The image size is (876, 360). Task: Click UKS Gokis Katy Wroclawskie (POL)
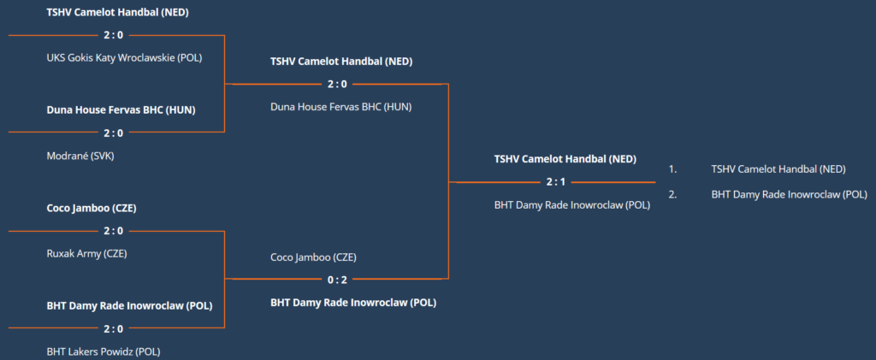[124, 58]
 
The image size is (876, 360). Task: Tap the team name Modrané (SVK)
[80, 156]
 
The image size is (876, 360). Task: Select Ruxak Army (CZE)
[86, 254]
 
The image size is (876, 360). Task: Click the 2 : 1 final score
[557, 182]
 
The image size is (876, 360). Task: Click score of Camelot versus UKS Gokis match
[114, 35]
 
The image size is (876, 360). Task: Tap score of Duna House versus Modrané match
[114, 133]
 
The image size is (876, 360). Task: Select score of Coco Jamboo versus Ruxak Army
[114, 231]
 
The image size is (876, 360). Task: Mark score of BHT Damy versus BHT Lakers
[114, 328]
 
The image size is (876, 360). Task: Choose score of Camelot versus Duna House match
[337, 85]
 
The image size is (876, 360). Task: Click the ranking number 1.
[672, 169]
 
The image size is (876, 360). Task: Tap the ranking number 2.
[672, 195]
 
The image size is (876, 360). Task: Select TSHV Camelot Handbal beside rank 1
[778, 169]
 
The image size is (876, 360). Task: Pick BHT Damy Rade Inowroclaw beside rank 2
[790, 195]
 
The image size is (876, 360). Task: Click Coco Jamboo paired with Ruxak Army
[92, 209]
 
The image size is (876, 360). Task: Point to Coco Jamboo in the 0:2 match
[313, 257]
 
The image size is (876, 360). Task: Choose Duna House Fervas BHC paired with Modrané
[121, 110]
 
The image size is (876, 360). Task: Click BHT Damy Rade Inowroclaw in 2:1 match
[572, 205]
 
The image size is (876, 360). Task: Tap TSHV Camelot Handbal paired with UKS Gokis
[117, 12]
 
